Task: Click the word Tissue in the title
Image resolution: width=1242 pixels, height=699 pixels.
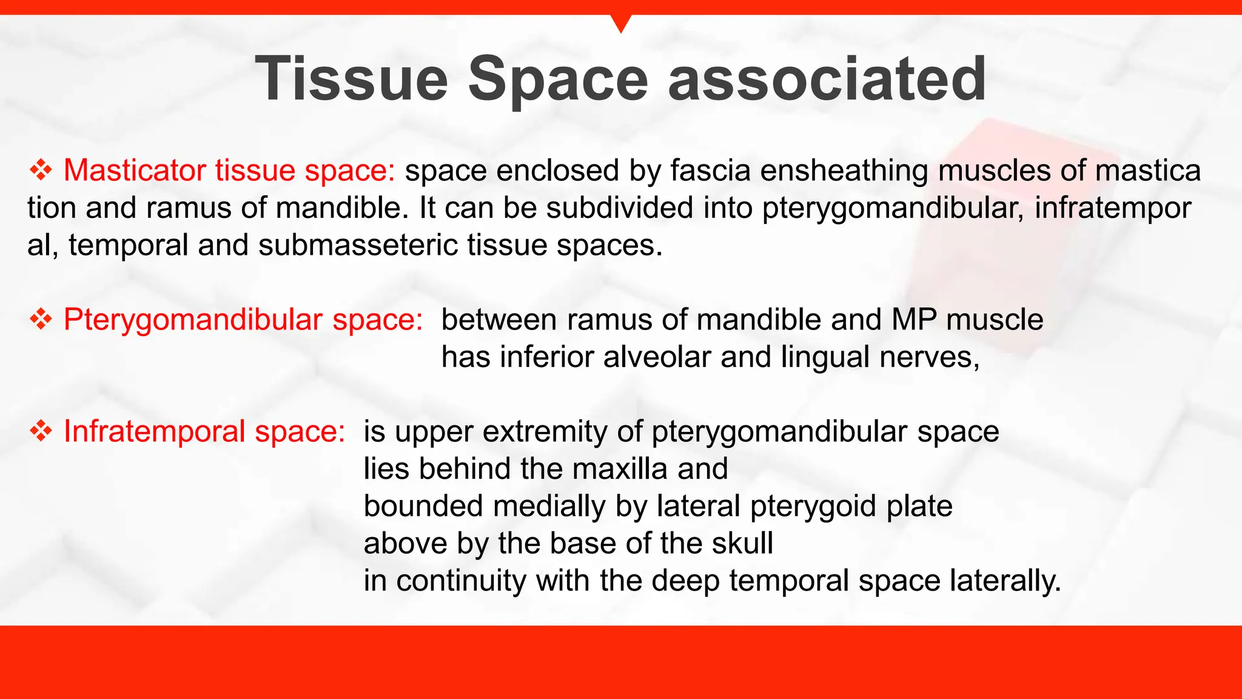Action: tap(351, 79)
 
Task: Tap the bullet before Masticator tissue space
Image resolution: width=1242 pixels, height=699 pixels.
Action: tap(41, 170)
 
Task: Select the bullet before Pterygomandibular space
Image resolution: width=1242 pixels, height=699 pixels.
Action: tap(41, 319)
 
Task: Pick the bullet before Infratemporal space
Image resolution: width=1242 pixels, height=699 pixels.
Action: tap(41, 431)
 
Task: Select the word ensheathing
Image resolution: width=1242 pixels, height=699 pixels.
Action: tap(844, 171)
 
